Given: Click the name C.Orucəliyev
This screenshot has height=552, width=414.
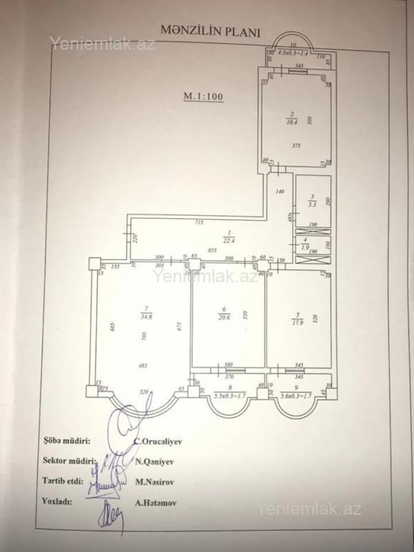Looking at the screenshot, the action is (158, 442).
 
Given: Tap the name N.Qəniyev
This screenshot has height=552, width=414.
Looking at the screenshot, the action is (154, 462).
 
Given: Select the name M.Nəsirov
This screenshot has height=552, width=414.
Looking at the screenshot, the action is (154, 482).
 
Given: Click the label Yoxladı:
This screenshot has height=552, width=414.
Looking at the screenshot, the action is (57, 501).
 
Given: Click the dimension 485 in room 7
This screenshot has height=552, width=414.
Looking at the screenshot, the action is (142, 366).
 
